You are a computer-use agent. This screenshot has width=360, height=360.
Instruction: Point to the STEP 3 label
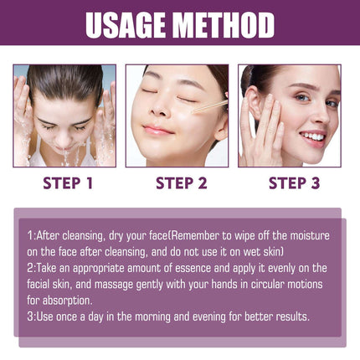click(x=290, y=182)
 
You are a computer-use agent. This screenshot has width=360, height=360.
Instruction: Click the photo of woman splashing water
click(x=64, y=115)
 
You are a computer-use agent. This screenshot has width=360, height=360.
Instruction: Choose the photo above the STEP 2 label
click(x=177, y=115)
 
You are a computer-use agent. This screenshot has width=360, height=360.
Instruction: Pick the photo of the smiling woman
click(x=289, y=115)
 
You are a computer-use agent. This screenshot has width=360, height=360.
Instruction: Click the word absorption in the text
click(x=69, y=300)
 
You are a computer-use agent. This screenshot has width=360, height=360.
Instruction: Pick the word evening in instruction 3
click(x=183, y=316)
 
